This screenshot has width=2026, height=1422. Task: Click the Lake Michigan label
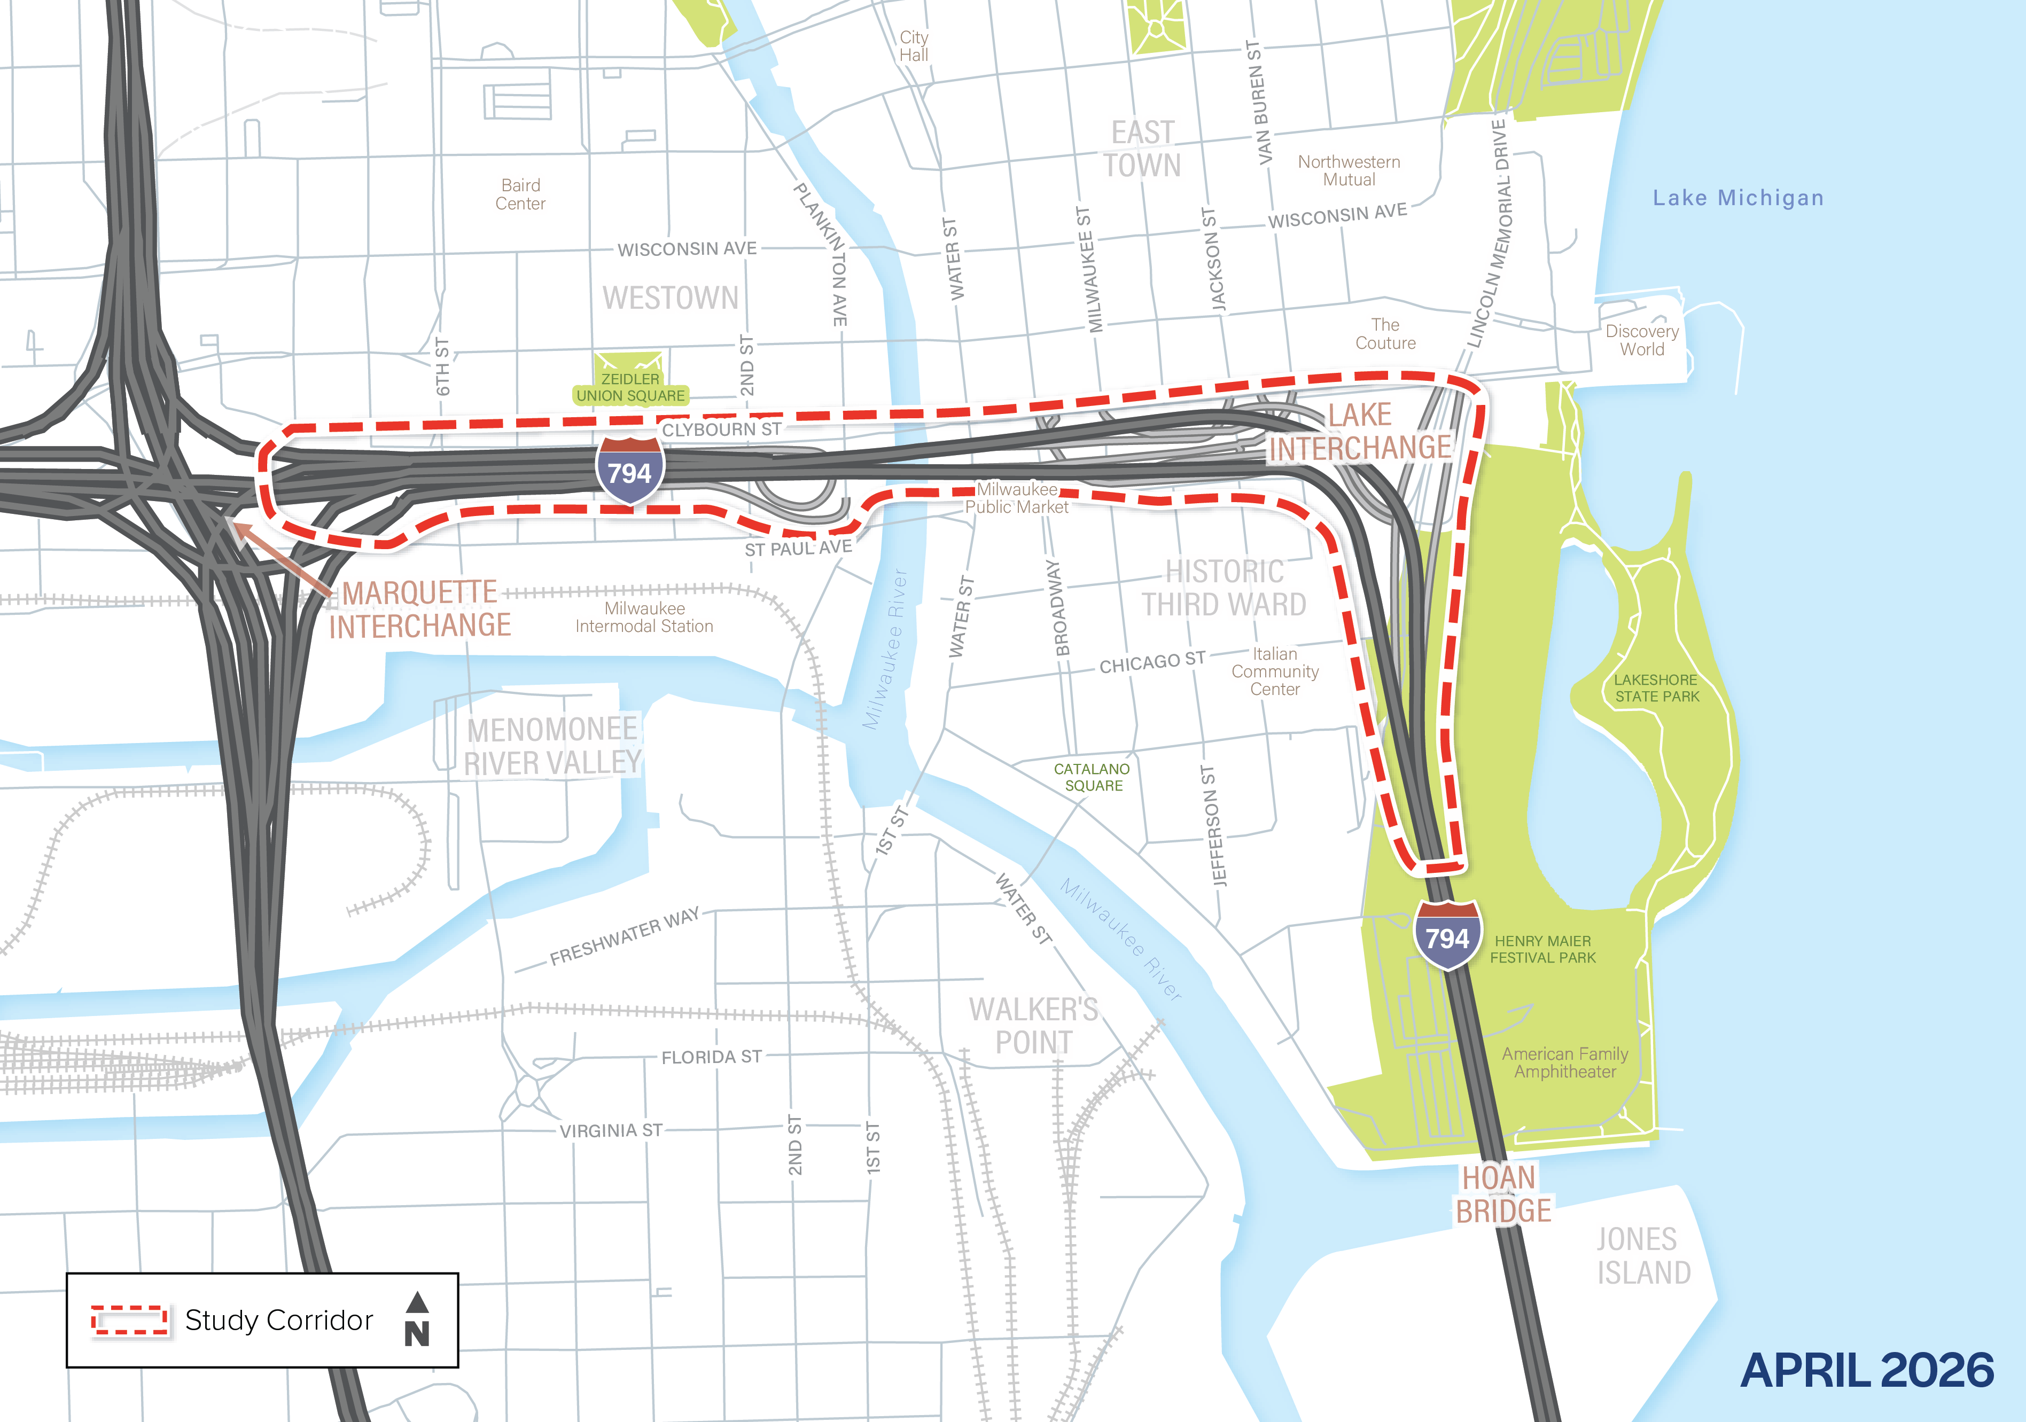click(1737, 198)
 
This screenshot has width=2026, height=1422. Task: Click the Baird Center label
click(520, 194)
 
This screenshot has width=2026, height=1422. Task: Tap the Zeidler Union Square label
click(630, 387)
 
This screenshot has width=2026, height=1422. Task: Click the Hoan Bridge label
click(1502, 1193)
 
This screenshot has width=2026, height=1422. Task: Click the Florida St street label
click(711, 1056)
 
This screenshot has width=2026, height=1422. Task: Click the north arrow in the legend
click(417, 1319)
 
